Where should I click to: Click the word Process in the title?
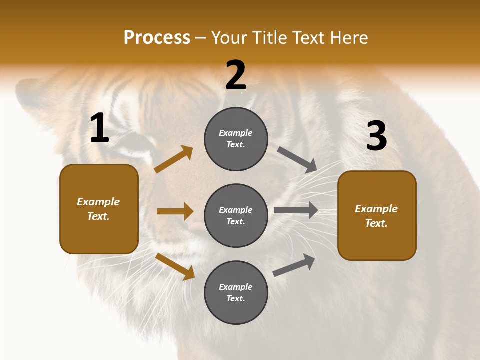coord(157,38)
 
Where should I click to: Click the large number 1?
coord(99,128)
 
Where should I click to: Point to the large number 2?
coord(236,75)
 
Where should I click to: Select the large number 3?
coord(376,136)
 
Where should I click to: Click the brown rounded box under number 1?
coord(99,209)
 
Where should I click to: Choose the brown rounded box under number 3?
coord(377,215)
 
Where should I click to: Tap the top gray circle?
coord(236,139)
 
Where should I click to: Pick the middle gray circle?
coord(236,215)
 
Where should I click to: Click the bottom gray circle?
coord(236,292)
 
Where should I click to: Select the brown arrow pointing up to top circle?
coord(174,159)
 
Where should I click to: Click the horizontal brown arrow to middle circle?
coord(175,211)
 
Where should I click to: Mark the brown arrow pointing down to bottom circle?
coord(175,266)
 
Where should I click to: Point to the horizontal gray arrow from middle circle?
coord(296,210)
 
